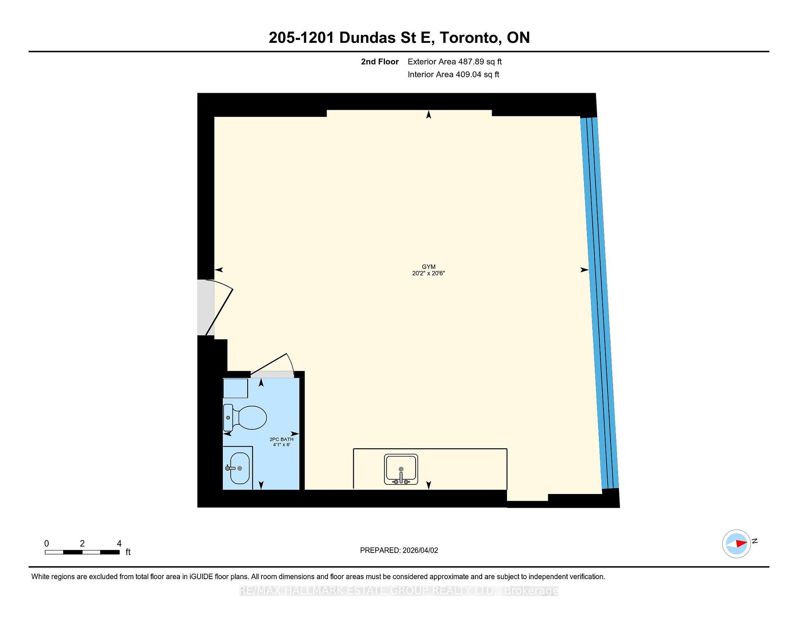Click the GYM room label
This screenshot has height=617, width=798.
pyautogui.click(x=429, y=267)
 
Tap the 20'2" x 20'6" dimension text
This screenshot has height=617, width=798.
pyautogui.click(x=429, y=274)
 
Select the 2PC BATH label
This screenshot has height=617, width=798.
pyautogui.click(x=281, y=439)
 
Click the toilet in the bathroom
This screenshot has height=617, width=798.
pyautogui.click(x=245, y=417)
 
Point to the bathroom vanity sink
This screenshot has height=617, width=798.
pyautogui.click(x=239, y=468)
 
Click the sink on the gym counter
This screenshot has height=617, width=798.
pyautogui.click(x=401, y=469)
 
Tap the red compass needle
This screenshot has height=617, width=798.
pyautogui.click(x=741, y=543)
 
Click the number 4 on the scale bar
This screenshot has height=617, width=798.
pyautogui.click(x=119, y=543)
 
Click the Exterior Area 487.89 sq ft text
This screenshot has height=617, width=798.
pyautogui.click(x=454, y=62)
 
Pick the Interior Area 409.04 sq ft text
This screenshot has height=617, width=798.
pyautogui.click(x=453, y=75)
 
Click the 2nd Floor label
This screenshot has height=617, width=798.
pyautogui.click(x=379, y=62)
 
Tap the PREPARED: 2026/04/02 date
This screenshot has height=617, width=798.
pyautogui.click(x=399, y=550)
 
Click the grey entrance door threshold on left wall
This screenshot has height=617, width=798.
pyautogui.click(x=205, y=308)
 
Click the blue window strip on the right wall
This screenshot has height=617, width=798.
pyautogui.click(x=598, y=304)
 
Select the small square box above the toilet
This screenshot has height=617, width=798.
pyautogui.click(x=236, y=388)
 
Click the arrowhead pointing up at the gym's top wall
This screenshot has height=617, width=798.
pyautogui.click(x=429, y=114)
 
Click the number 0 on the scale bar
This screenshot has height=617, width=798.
pyautogui.click(x=47, y=543)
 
